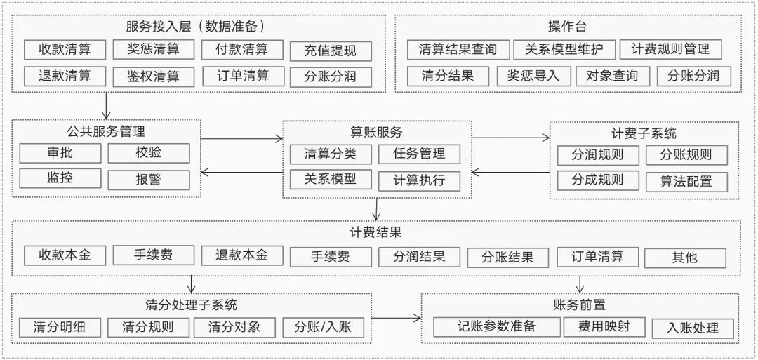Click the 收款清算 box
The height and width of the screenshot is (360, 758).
point(65,50)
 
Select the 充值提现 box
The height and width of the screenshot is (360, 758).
point(330,51)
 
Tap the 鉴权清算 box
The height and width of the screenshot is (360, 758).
point(153,76)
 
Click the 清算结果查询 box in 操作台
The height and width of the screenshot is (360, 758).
point(457,49)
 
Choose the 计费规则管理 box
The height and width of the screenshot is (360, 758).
point(670,49)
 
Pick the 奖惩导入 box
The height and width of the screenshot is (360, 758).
point(533,76)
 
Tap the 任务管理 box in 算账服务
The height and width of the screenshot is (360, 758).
point(420,154)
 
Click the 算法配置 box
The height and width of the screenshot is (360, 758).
point(686,181)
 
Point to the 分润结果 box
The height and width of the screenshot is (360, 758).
point(420,256)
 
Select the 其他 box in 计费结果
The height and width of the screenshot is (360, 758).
point(684,257)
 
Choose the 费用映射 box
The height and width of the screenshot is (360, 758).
point(604,326)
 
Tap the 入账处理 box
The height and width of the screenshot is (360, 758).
point(693,328)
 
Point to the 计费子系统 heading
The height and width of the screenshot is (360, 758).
point(644,133)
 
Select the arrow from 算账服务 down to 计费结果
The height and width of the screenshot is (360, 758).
point(377,209)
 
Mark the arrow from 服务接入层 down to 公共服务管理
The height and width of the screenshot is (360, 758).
point(106,106)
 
